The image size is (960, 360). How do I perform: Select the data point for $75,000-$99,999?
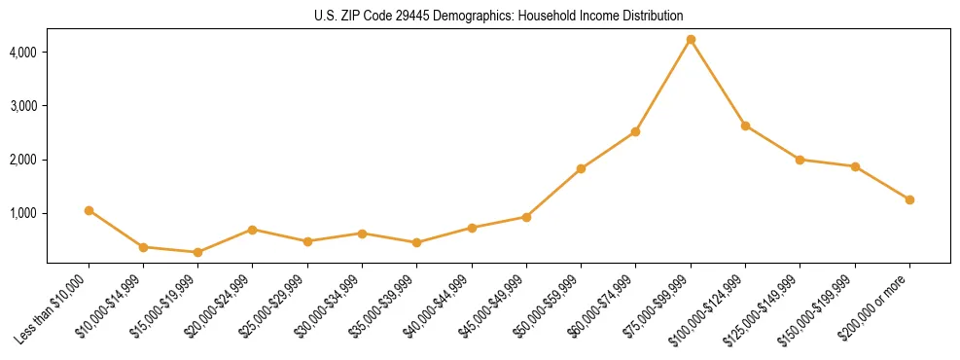[691, 40]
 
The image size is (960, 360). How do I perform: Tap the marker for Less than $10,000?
[89, 210]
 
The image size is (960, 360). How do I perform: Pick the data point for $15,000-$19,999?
[197, 252]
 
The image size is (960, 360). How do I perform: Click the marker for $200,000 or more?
[909, 199]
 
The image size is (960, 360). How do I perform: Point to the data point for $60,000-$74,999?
[635, 131]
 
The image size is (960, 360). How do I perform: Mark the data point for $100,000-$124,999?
[745, 126]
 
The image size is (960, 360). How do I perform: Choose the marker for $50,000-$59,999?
[581, 168]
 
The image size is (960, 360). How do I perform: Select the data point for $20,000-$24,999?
[252, 230]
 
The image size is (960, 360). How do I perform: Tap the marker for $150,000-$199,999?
[855, 166]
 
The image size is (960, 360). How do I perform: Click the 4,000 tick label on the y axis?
[22, 52]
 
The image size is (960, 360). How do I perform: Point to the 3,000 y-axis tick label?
[22, 105]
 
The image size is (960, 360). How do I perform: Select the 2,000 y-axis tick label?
[22, 160]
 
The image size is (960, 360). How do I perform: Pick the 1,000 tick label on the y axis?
[22, 213]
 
